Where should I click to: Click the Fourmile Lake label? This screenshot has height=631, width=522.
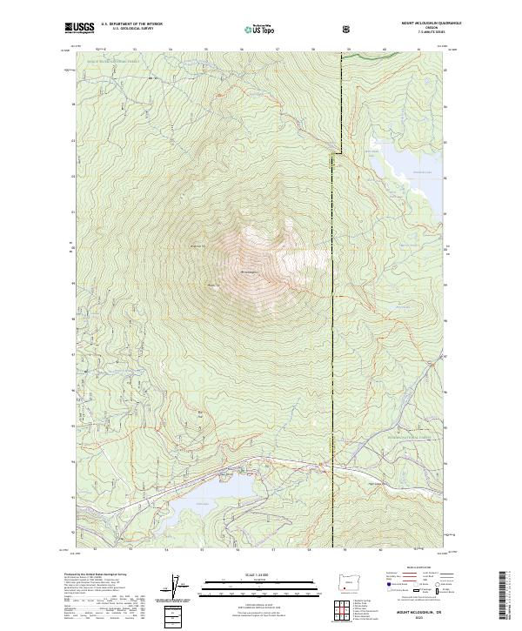click(399, 172)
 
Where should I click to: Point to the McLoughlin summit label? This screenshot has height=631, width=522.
click(248, 271)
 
